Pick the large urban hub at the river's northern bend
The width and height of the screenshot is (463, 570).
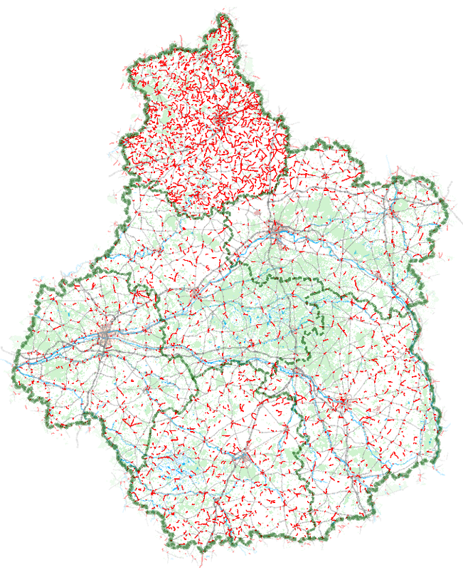(275, 231)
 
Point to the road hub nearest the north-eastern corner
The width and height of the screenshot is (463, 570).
(391, 211)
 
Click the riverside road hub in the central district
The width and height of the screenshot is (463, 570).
(195, 294)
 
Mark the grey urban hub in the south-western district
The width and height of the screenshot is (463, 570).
(243, 456)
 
